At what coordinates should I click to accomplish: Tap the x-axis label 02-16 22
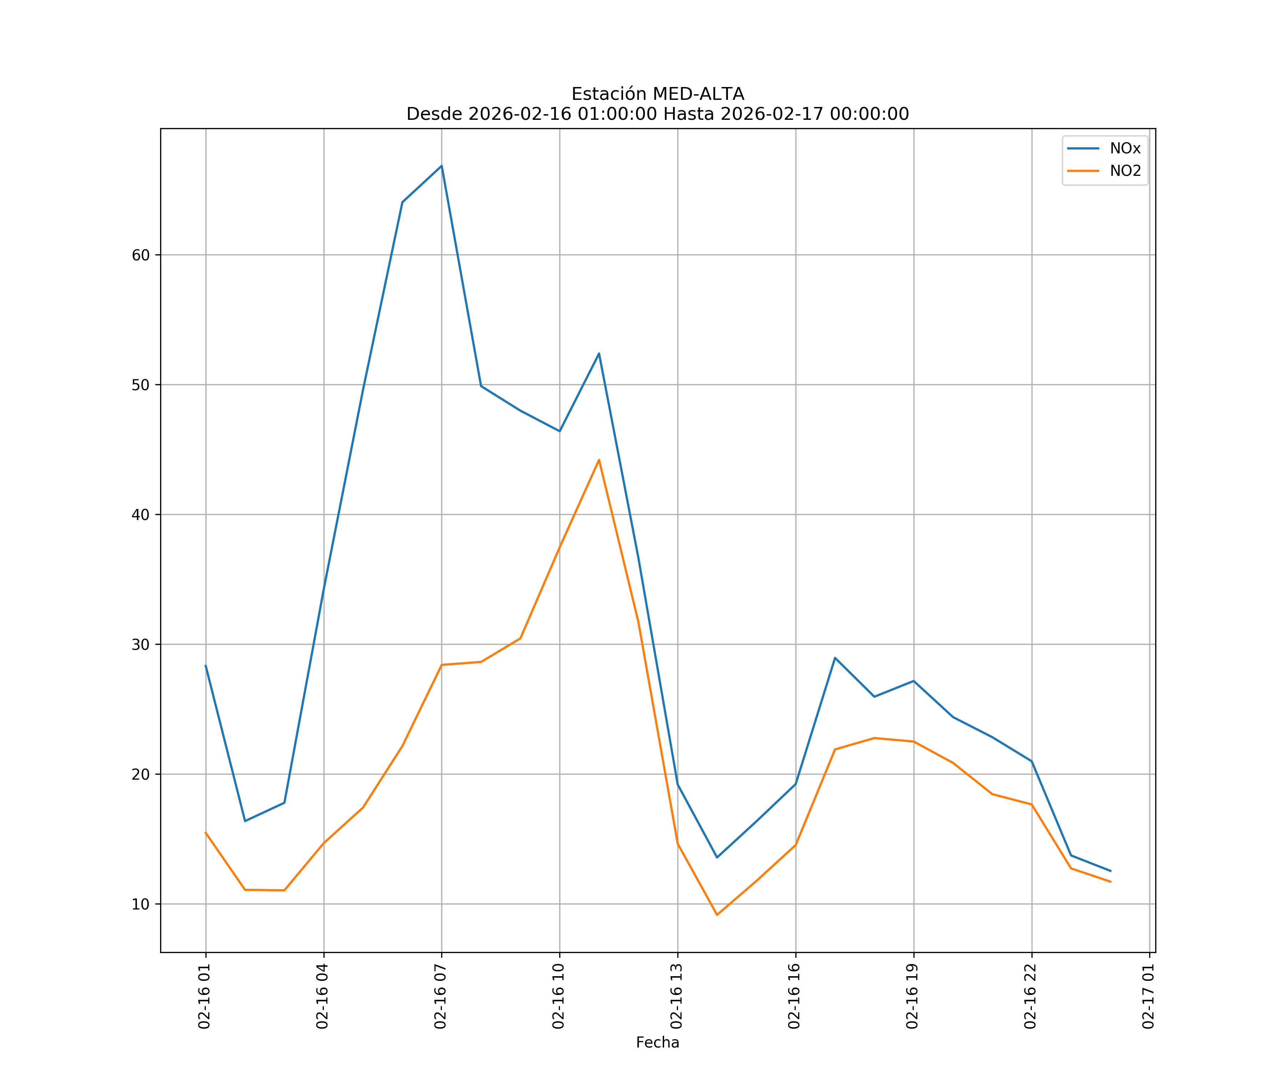click(x=1031, y=996)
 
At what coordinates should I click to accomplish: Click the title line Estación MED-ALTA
click(x=657, y=94)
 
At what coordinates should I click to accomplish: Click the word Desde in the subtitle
click(x=434, y=114)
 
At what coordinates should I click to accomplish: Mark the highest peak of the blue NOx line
click(x=442, y=166)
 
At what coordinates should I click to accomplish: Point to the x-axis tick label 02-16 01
click(x=205, y=996)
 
